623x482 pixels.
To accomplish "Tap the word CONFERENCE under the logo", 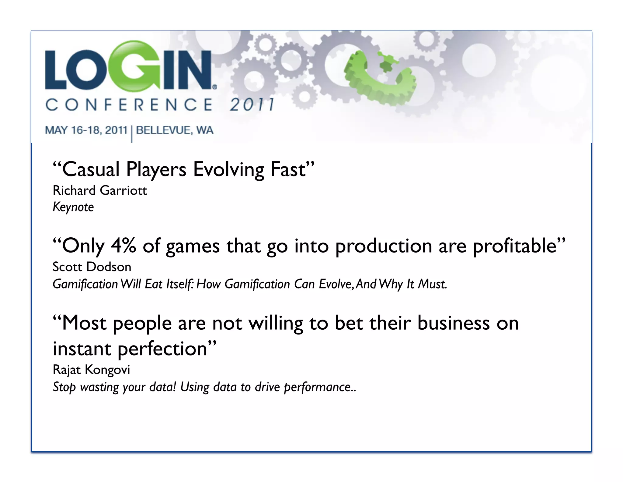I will point(129,105).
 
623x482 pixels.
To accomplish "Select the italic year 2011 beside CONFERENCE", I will point(252,105).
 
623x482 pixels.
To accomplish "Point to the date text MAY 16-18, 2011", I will point(86,130).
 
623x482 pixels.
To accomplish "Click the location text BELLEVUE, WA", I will point(175,130).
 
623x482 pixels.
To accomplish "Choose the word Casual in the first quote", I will point(91,169).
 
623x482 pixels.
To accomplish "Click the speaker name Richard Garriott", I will point(100,191).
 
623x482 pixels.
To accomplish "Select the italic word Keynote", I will point(73,207).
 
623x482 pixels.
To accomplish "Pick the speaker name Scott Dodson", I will point(92,267).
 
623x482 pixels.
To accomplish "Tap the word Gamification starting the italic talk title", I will point(85,284).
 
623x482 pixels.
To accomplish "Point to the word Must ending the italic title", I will point(432,284).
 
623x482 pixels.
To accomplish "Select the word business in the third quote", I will point(453,323).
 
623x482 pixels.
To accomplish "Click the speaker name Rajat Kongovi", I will point(91,370).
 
